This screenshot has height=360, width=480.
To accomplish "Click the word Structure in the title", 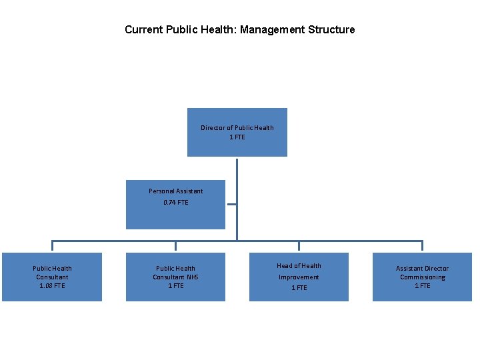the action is point(331,29).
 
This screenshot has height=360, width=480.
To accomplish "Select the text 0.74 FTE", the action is point(175,202).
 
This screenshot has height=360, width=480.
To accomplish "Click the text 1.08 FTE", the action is point(52,285).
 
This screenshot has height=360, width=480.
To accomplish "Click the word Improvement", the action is point(299,277).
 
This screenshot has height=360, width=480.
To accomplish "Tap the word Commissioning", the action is point(423,277).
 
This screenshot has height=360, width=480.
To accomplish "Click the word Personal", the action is point(161,191).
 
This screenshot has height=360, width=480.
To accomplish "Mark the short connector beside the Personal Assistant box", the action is point(231,205).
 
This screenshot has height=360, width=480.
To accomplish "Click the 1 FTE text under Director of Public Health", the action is point(237,137).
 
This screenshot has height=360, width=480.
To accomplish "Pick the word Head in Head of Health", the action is point(285,265).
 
